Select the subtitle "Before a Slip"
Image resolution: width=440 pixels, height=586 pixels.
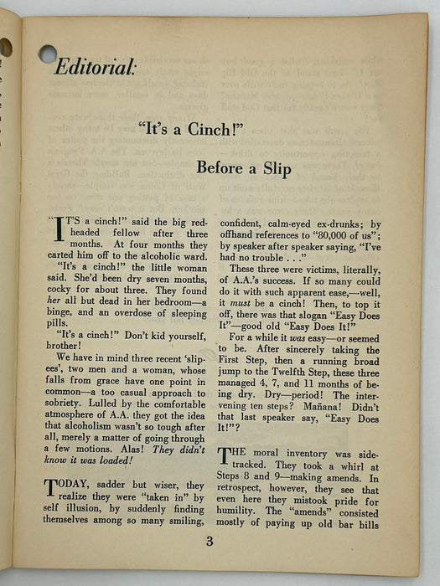click(x=244, y=168)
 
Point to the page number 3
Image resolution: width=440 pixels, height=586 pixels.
click(x=210, y=541)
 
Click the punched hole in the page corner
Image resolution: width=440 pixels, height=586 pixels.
click(x=48, y=54)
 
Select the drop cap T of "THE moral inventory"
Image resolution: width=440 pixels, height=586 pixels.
click(x=224, y=456)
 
